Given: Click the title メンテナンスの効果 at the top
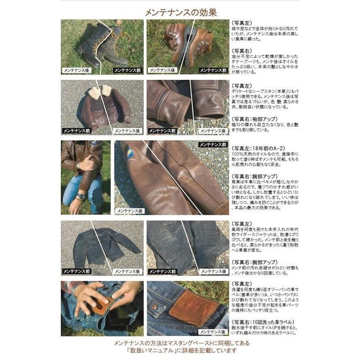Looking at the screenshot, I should (x=179, y=12).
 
